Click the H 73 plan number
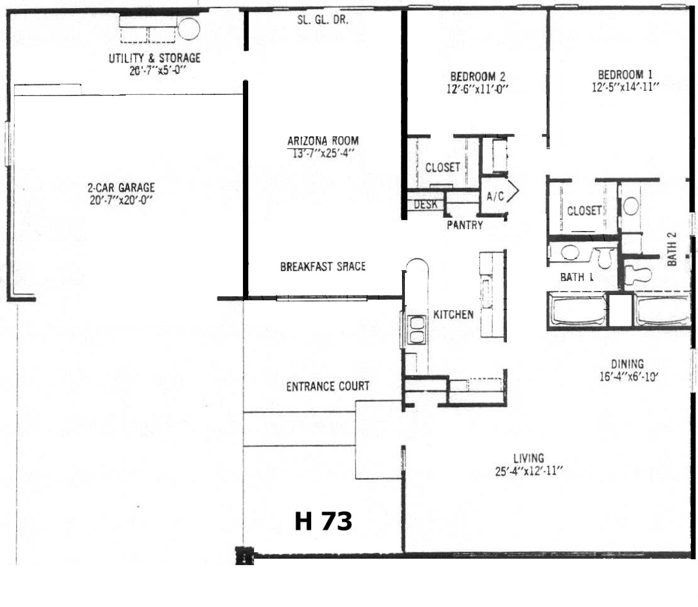pyautogui.click(x=323, y=521)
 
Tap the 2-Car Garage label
pyautogui.click(x=121, y=187)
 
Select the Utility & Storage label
pyautogui.click(x=154, y=58)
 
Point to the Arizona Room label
pyautogui.click(x=323, y=141)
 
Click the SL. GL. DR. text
pyautogui.click(x=323, y=20)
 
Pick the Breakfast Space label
pyautogui.click(x=323, y=267)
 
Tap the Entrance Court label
pyautogui.click(x=327, y=386)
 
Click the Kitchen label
pyautogui.click(x=453, y=314)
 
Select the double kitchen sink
pyautogui.click(x=417, y=329)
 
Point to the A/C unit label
pyautogui.click(x=495, y=196)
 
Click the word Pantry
pyautogui.click(x=465, y=225)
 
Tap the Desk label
pyautogui.click(x=425, y=204)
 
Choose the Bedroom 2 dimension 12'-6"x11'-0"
pyautogui.click(x=477, y=89)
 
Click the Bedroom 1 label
pyautogui.click(x=625, y=74)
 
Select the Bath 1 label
pyautogui.click(x=576, y=277)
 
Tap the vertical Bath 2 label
pyautogui.click(x=672, y=249)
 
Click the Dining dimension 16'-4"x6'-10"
pyautogui.click(x=628, y=376)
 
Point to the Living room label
pyautogui.click(x=528, y=458)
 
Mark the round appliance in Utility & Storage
pyautogui.click(x=189, y=29)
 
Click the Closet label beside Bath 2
pyautogui.click(x=584, y=210)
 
